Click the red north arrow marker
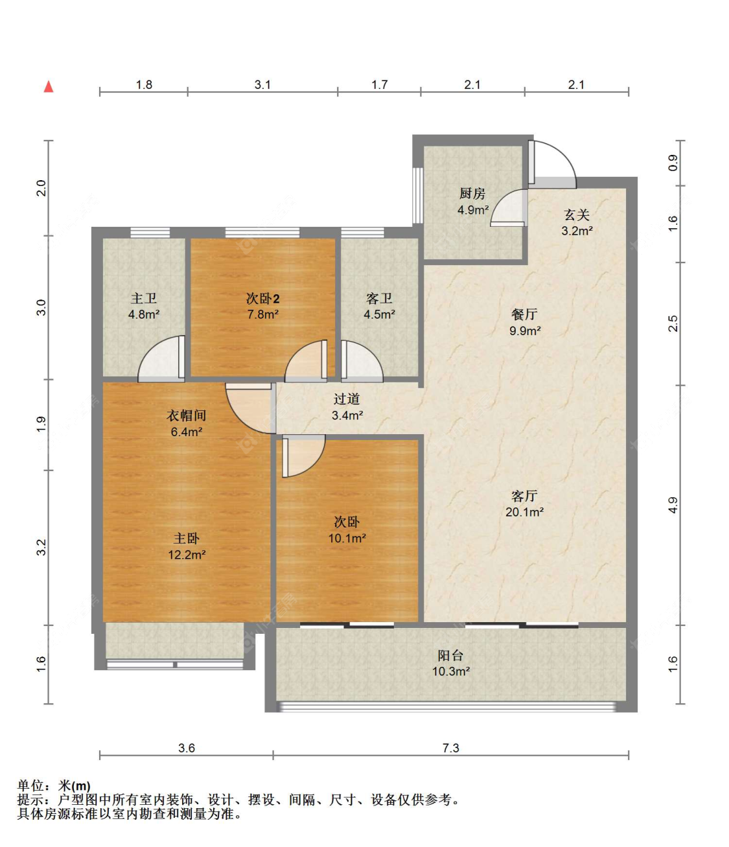pyautogui.click(x=49, y=87)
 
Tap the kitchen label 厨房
pyautogui.click(x=472, y=193)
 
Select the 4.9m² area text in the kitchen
pyautogui.click(x=472, y=210)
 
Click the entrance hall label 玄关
pyautogui.click(x=577, y=215)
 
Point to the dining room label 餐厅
pyautogui.click(x=524, y=314)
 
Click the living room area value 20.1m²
pyautogui.click(x=524, y=512)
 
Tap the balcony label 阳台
pyautogui.click(x=450, y=655)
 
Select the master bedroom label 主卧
pyautogui.click(x=187, y=539)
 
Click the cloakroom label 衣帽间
pyautogui.click(x=187, y=415)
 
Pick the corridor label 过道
pyautogui.click(x=347, y=399)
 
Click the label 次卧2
pyautogui.click(x=262, y=299)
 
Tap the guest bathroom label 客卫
pyautogui.click(x=379, y=299)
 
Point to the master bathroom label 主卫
pyautogui.click(x=144, y=299)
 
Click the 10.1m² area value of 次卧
pyautogui.click(x=347, y=538)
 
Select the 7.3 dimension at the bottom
pyautogui.click(x=450, y=748)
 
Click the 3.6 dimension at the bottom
pyautogui.click(x=187, y=748)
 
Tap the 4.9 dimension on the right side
pyautogui.click(x=673, y=505)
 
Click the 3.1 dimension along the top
pyautogui.click(x=262, y=85)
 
